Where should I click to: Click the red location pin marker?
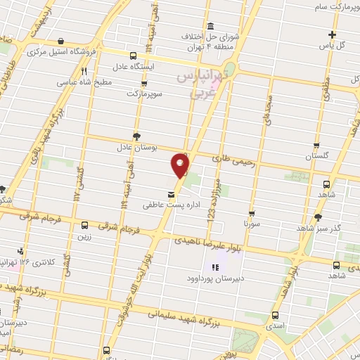coord(180,165)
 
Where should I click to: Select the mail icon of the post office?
coord(171,194)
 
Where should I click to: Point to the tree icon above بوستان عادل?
coord(136,136)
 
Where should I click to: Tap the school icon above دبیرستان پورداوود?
coord(215,266)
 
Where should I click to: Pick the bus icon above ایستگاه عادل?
coord(134,55)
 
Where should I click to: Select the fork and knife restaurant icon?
coord(84,70)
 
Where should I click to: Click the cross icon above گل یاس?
coord(333,34)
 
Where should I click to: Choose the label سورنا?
coord(251,223)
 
